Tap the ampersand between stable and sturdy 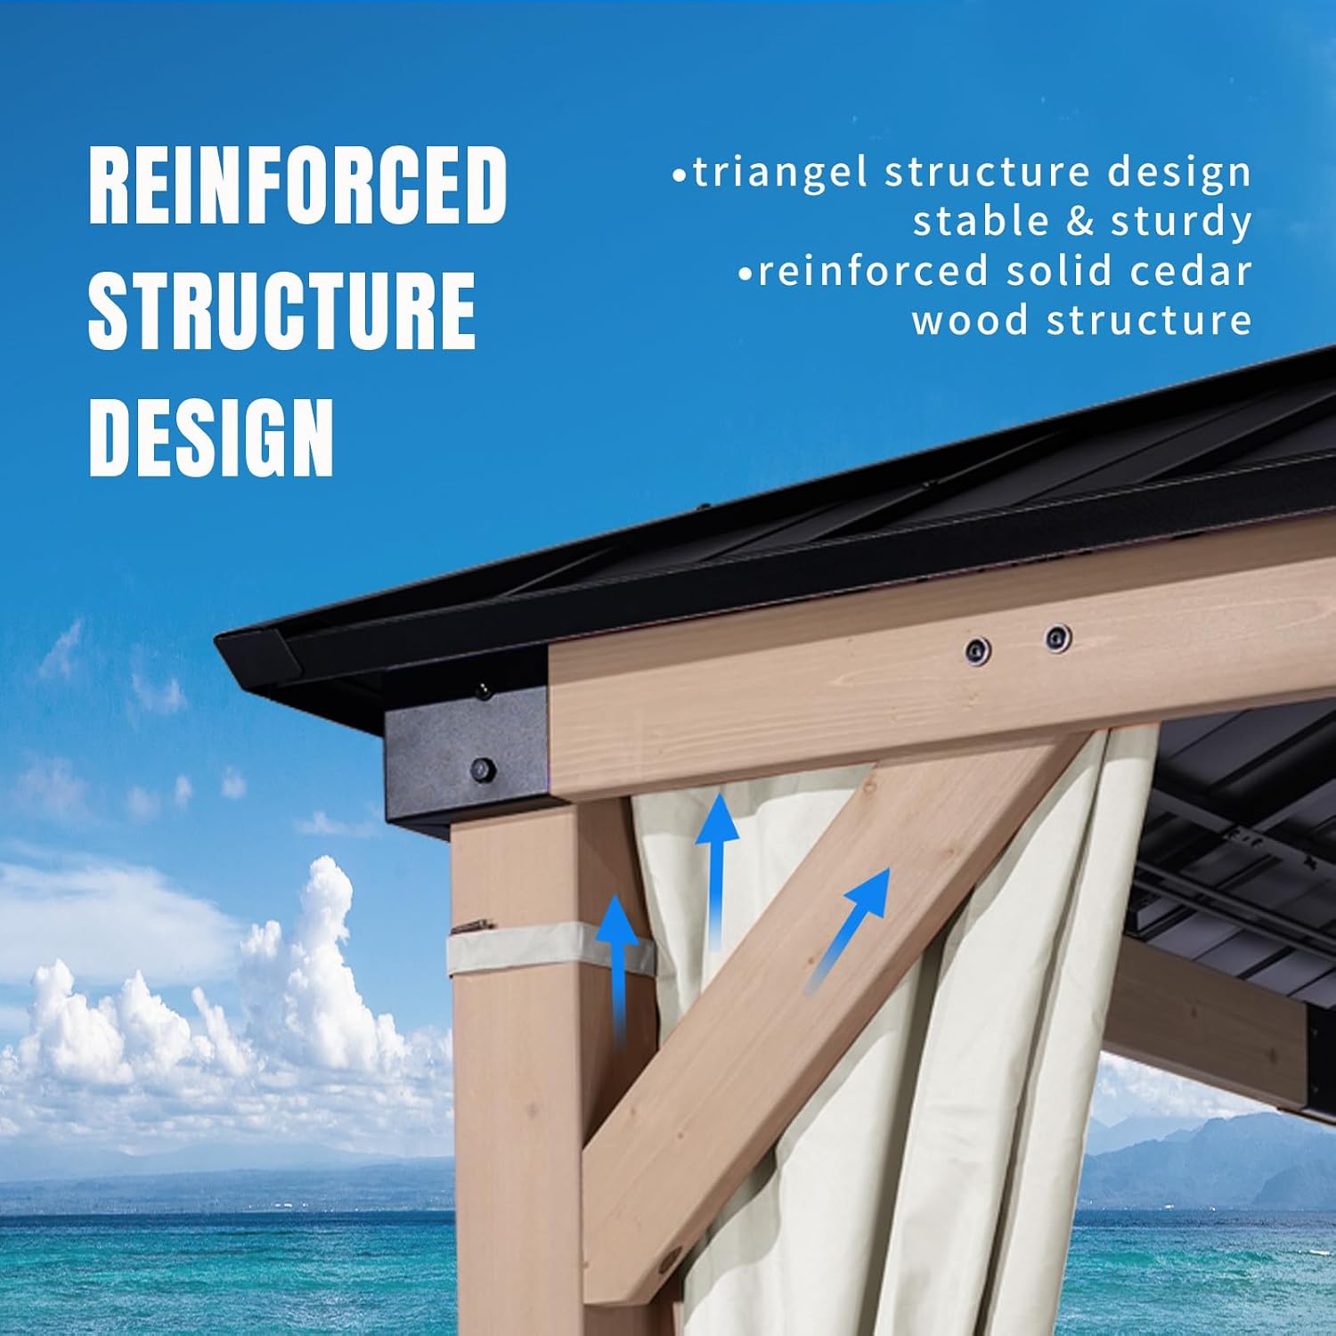1080,223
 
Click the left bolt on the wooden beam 978,650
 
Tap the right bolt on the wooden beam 1057,638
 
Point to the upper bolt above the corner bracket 484,689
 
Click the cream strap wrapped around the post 550,949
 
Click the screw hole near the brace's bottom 667,1261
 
